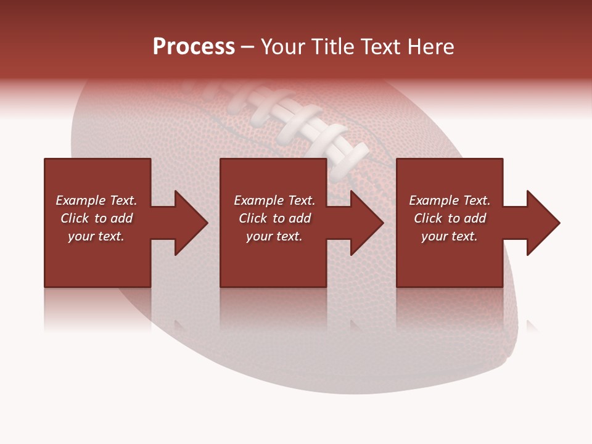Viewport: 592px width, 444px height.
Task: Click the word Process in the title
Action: click(194, 47)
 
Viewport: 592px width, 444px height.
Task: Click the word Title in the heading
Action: click(331, 47)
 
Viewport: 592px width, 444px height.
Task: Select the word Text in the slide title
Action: click(379, 47)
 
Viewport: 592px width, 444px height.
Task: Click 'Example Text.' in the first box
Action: click(96, 200)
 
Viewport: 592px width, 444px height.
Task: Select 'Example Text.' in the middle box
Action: click(274, 200)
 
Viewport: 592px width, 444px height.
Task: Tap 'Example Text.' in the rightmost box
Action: click(450, 200)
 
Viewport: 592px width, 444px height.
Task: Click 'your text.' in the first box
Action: click(96, 236)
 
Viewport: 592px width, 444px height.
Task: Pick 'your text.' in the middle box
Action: click(274, 236)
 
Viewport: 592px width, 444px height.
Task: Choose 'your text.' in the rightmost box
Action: click(450, 236)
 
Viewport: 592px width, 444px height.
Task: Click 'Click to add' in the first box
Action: click(96, 218)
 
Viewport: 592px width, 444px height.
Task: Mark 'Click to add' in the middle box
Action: click(274, 218)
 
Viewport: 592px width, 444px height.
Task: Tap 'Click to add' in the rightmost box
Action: click(450, 218)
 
